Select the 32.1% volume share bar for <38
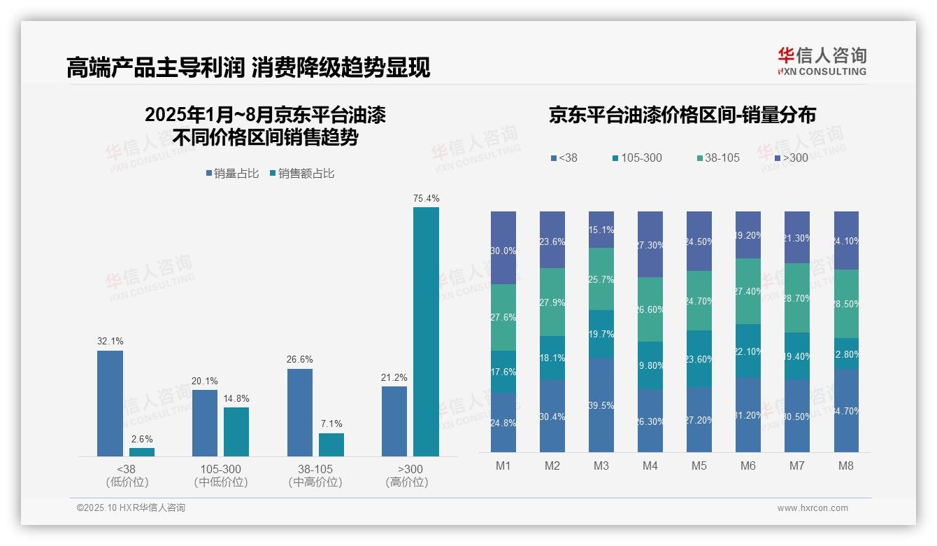click(110, 403)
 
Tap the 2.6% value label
click(142, 438)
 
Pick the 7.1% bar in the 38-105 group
click(331, 444)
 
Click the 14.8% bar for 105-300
click(236, 431)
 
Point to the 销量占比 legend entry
click(232, 173)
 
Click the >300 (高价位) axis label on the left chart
click(406, 475)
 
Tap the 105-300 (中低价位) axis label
click(220, 475)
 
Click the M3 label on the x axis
click(601, 466)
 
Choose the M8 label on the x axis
click(845, 466)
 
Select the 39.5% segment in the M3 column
click(601, 405)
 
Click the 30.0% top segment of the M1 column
click(503, 248)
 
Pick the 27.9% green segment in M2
click(552, 302)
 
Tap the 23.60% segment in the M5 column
click(699, 358)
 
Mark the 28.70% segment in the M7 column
click(796, 297)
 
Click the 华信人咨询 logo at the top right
click(822, 61)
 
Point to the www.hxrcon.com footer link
click(813, 508)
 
